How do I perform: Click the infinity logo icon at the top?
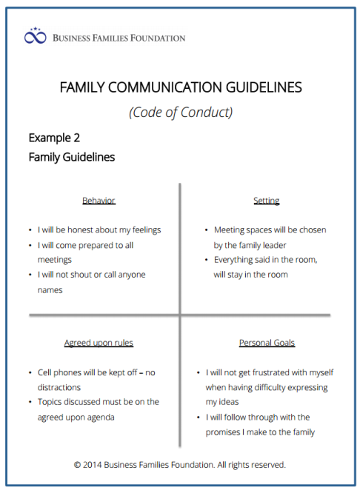(36, 36)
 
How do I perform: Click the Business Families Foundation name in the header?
(119, 37)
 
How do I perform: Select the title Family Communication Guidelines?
(180, 87)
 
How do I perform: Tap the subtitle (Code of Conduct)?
(180, 113)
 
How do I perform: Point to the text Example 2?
(54, 138)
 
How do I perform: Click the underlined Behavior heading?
(99, 201)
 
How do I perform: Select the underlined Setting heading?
(266, 201)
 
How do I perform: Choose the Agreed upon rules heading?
(99, 343)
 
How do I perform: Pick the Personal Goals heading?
(267, 343)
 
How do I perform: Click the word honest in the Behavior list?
(92, 230)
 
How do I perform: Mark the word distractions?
(59, 387)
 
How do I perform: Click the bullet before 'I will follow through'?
(198, 417)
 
